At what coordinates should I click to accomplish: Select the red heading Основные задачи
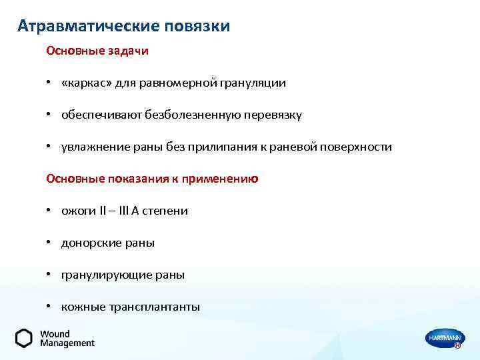point(97,51)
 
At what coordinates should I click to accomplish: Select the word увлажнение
point(91,147)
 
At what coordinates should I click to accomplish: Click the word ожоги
point(76,211)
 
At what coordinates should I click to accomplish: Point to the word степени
point(167,211)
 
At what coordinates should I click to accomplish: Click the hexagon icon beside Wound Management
point(24,338)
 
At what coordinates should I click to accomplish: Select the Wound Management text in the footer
point(67,338)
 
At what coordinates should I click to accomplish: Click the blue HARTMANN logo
point(443,338)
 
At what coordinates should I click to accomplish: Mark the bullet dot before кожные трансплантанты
point(49,307)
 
